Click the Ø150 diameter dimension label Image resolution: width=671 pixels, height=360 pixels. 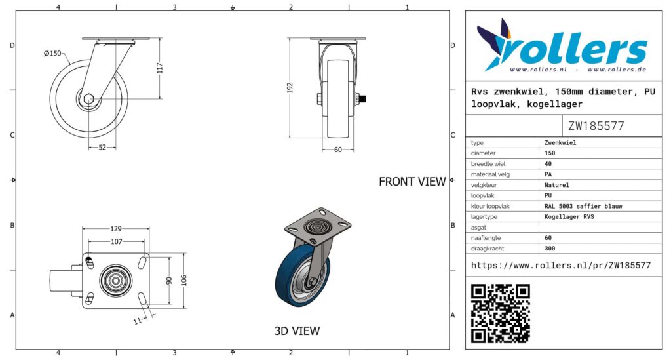click(52, 54)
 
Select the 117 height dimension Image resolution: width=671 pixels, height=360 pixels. click(160, 68)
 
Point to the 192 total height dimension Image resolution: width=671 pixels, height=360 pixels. click(290, 88)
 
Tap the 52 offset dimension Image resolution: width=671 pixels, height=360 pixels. click(102, 148)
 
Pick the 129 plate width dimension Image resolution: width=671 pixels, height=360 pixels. click(115, 229)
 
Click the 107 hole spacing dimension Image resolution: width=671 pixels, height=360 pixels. click(117, 242)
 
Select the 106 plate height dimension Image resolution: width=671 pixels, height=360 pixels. click(184, 281)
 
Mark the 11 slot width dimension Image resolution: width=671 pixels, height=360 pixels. click(138, 321)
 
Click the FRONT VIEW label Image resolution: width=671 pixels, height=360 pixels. click(412, 182)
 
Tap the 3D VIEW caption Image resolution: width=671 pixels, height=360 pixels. click(297, 331)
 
